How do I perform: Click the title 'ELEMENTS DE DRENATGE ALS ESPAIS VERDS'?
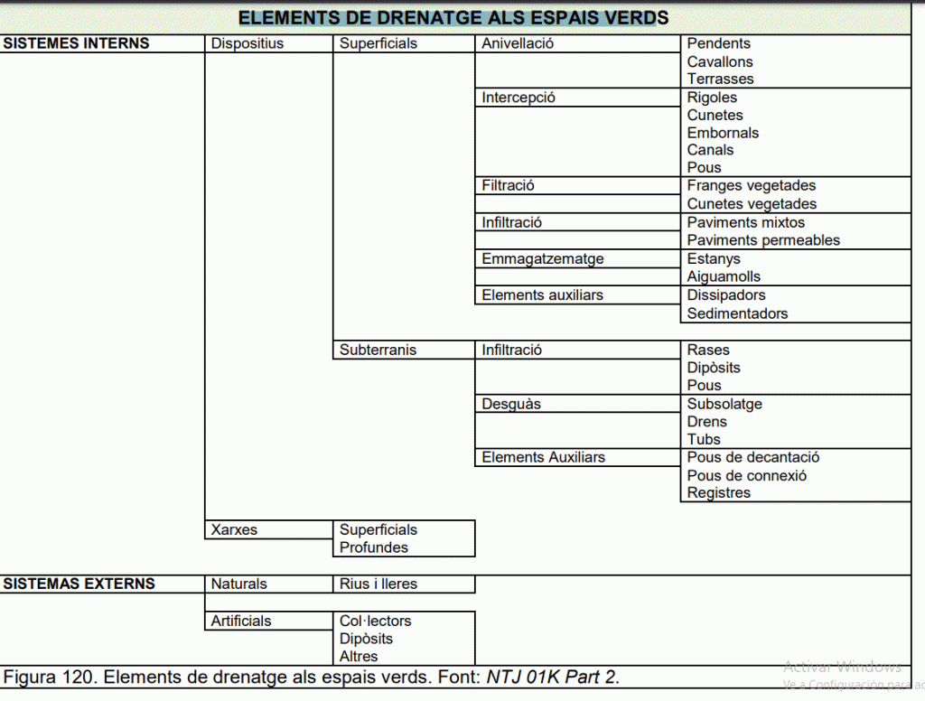[x=453, y=18]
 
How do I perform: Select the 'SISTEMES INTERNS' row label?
[x=76, y=43]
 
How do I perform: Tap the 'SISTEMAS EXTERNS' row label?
[x=79, y=584]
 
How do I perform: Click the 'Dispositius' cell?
[x=247, y=43]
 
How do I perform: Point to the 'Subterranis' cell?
[x=378, y=350]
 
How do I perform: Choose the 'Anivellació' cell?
[x=518, y=43]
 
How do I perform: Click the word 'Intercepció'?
[x=519, y=98]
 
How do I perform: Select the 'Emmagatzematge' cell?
[x=542, y=259]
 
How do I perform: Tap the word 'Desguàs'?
[x=511, y=404]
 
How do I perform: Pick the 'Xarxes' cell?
[x=234, y=530]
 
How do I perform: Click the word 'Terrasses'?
[x=720, y=79]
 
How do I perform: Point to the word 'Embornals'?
[x=723, y=133]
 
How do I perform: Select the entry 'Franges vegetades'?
[x=751, y=186]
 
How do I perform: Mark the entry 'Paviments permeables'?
[x=763, y=240]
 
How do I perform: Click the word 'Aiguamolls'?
[x=724, y=276]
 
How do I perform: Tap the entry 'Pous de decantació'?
[x=753, y=457]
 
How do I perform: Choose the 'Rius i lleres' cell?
[x=378, y=584]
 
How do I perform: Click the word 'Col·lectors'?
[x=375, y=621]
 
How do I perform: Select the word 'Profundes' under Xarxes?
[x=373, y=547]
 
